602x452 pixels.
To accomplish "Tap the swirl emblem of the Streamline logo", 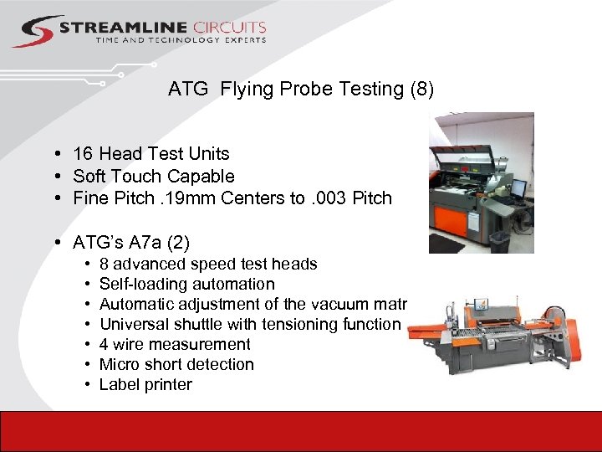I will tap(36, 32).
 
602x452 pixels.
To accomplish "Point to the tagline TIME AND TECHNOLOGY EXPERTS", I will tap(181, 40).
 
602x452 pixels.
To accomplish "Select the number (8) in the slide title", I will tap(421, 89).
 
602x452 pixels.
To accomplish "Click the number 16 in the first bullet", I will tap(83, 153).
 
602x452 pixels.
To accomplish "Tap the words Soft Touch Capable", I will tap(154, 176).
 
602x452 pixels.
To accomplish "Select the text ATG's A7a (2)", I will tap(131, 243).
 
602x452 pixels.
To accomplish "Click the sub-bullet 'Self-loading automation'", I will tap(186, 284).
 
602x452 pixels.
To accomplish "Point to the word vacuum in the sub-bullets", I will tap(339, 304).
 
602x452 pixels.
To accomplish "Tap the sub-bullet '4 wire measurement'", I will tap(175, 344).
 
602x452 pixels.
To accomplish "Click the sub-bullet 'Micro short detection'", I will tap(176, 364).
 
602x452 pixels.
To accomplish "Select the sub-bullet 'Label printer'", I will tap(145, 384).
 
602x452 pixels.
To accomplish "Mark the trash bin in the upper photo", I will tap(499, 242).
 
